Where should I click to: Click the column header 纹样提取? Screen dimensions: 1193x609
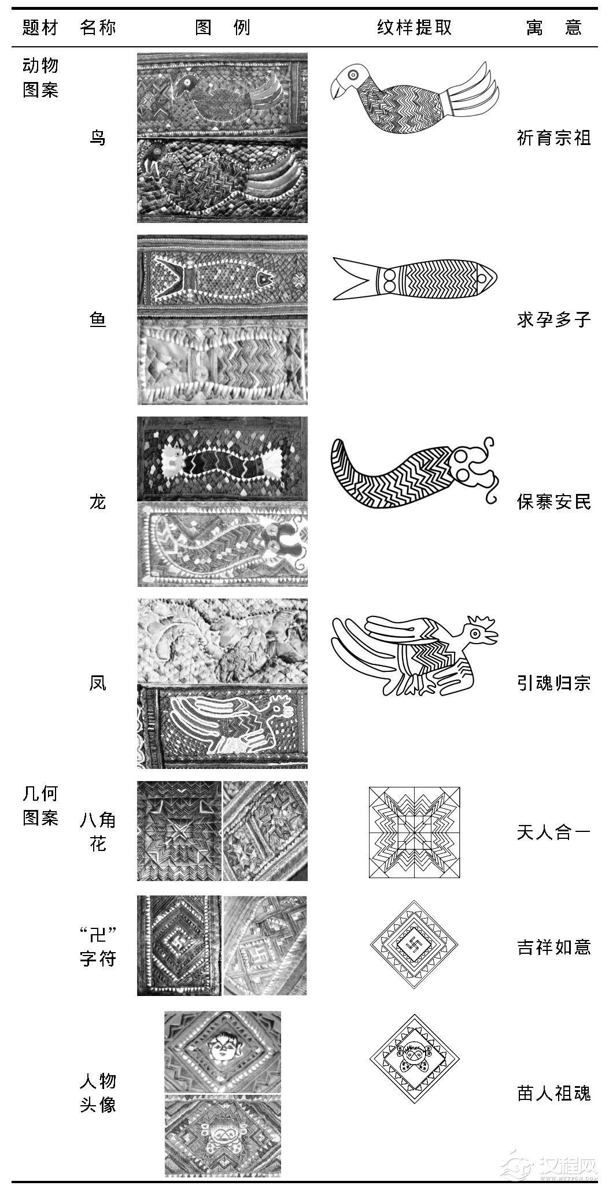pyautogui.click(x=414, y=27)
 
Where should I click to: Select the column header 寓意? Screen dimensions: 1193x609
pyautogui.click(x=553, y=27)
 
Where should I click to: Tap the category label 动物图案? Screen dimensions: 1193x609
pyautogui.click(x=40, y=77)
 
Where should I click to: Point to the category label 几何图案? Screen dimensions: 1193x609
pyautogui.click(x=40, y=806)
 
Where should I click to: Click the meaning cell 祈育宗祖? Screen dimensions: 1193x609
pyautogui.click(x=553, y=138)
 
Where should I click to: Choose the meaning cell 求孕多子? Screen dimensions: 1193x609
pyautogui.click(x=553, y=319)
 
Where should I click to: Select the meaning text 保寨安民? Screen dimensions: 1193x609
pyautogui.click(x=553, y=501)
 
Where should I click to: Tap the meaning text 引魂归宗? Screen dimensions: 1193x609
pyautogui.click(x=553, y=683)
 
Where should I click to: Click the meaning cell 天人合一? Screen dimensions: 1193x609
pyautogui.click(x=553, y=833)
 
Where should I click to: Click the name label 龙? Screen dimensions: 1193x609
pyautogui.click(x=98, y=501)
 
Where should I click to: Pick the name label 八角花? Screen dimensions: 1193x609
pyautogui.click(x=98, y=832)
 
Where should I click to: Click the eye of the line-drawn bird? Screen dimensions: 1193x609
pyautogui.click(x=352, y=74)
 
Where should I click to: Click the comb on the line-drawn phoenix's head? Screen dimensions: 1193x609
pyautogui.click(x=481, y=623)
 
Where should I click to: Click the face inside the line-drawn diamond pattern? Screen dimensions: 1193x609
pyautogui.click(x=414, y=1055)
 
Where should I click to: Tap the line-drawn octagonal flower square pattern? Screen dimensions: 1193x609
pyautogui.click(x=414, y=832)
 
